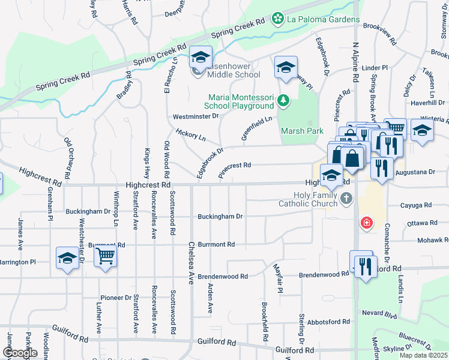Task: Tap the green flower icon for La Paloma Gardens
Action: (x=278, y=19)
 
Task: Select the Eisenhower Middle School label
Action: (x=234, y=70)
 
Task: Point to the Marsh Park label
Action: (x=302, y=131)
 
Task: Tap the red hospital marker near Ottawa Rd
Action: (x=366, y=224)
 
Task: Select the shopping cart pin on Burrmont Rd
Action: (x=105, y=256)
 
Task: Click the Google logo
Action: (x=20, y=353)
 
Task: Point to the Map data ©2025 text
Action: (x=423, y=355)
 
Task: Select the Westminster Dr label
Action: (x=196, y=116)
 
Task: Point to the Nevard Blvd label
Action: (x=379, y=314)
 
